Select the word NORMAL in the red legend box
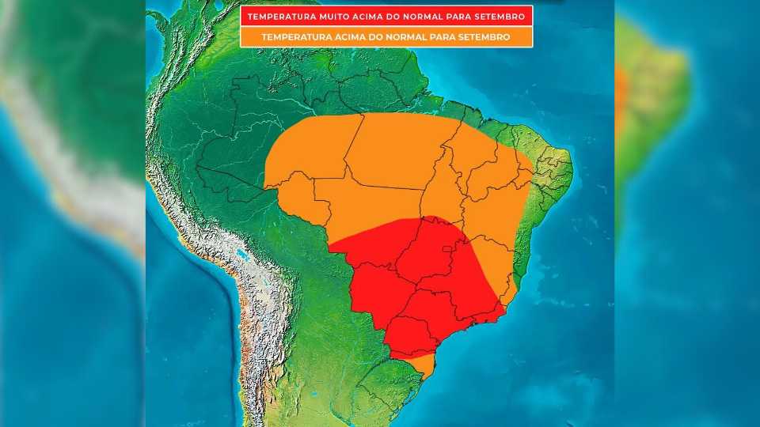pyautogui.click(x=425, y=17)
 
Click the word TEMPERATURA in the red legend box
pyautogui.click(x=283, y=17)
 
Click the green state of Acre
pyautogui.click(x=230, y=182)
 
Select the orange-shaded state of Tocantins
pyautogui.click(x=444, y=190)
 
